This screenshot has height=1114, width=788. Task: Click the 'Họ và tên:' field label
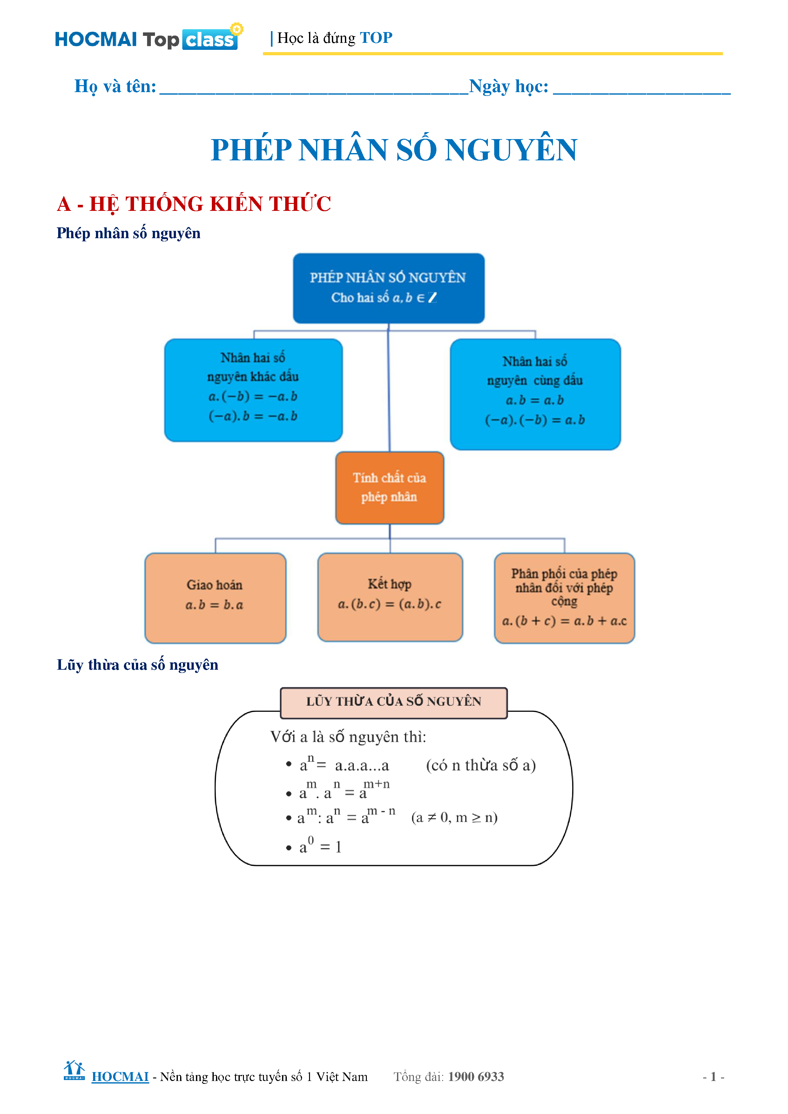(x=115, y=86)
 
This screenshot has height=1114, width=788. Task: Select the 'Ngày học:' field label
(x=508, y=86)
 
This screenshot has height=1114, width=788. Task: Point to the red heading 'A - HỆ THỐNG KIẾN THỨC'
(x=194, y=204)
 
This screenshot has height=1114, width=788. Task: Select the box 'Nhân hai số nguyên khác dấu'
(x=253, y=390)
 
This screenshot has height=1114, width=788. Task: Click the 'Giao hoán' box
(x=215, y=597)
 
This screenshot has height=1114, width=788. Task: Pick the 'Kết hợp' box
(x=390, y=596)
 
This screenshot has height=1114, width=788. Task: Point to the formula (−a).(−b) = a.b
(x=535, y=420)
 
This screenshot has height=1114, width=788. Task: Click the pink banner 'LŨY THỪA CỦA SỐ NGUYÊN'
(x=394, y=701)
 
